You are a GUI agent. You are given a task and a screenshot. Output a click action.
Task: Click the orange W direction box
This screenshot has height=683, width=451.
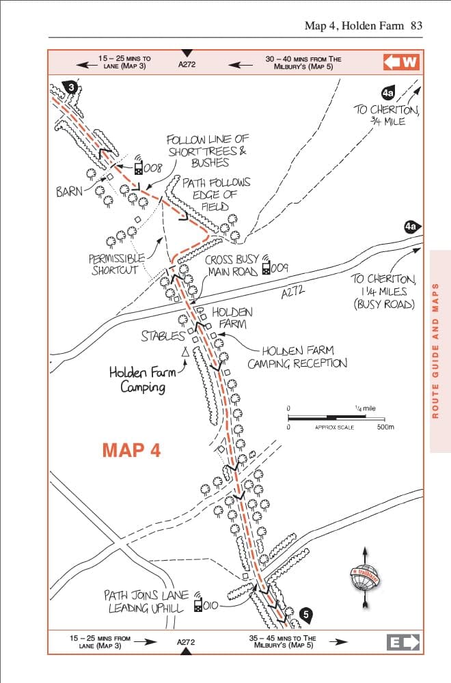pos(402,62)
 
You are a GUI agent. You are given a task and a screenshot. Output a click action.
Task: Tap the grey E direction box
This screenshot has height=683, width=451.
pos(402,642)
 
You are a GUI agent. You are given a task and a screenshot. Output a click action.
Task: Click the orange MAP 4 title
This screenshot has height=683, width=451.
pos(131,450)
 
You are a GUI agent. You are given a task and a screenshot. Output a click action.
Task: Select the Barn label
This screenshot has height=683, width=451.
pos(69,191)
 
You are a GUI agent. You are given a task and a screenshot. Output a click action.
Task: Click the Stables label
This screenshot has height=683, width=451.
pos(163,336)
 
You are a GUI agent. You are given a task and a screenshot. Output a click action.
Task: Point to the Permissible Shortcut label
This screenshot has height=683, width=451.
pos(117,264)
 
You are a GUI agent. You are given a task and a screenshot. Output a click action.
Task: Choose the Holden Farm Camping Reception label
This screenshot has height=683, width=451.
pos(297,357)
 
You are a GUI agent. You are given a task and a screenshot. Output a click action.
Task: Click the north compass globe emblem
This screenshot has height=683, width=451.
pos(365,578)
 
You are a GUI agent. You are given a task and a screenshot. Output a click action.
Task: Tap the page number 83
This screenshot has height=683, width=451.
pos(416,26)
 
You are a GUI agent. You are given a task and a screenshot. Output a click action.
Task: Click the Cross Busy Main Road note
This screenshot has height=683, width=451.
pos(232,266)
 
